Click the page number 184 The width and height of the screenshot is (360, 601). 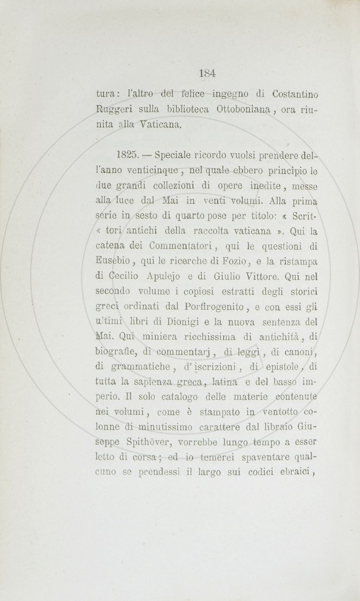click(208, 73)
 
